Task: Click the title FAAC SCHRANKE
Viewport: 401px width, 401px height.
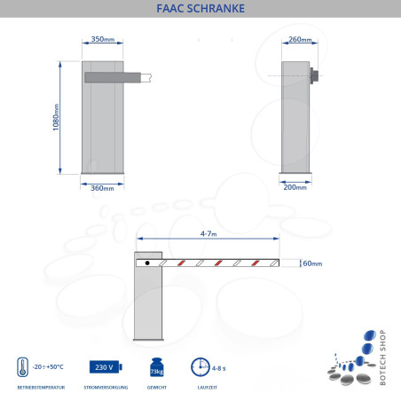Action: click(x=200, y=10)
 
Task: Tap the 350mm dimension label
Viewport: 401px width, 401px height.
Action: click(x=103, y=40)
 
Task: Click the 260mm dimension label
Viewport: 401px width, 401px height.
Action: click(x=300, y=40)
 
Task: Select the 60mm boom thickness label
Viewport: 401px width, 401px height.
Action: click(x=311, y=263)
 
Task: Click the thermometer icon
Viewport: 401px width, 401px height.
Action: click(x=21, y=367)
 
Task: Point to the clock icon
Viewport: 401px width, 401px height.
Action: click(x=200, y=367)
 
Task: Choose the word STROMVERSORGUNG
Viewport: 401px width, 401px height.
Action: click(x=105, y=389)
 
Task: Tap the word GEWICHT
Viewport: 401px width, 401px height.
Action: click(x=156, y=389)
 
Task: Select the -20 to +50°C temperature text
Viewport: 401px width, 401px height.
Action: click(x=49, y=367)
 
